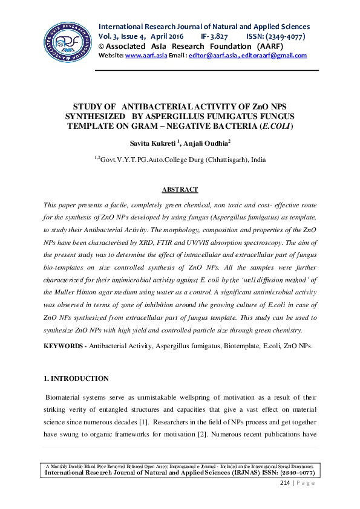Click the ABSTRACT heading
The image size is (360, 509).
coord(180,189)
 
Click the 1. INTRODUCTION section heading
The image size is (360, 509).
coord(76,378)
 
